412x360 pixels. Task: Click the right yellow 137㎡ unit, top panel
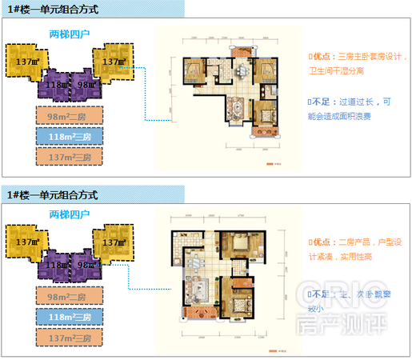[x=113, y=62]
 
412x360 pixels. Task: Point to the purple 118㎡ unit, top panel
[x=54, y=84]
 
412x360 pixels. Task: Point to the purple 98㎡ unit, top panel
[x=85, y=84]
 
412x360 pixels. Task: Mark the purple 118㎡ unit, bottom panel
[x=54, y=264]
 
